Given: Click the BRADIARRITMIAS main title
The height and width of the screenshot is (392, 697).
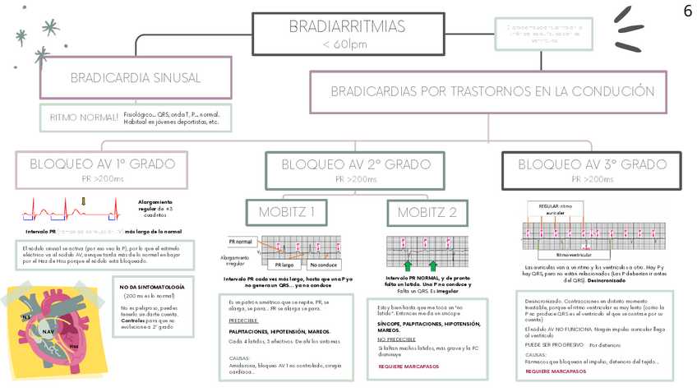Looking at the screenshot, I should [346, 27].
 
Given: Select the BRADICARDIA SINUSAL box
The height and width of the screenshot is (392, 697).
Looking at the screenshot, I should [136, 78].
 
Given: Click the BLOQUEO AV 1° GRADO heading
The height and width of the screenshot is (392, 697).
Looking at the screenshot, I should [102, 164].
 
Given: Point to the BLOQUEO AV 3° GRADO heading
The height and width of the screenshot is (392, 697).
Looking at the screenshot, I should [592, 164].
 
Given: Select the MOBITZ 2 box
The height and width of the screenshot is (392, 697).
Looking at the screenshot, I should [427, 212].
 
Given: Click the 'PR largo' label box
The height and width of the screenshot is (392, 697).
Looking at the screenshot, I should [284, 265].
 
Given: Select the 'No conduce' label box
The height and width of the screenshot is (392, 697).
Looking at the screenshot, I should [323, 265].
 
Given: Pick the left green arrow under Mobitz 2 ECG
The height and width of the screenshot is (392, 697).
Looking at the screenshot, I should [407, 265].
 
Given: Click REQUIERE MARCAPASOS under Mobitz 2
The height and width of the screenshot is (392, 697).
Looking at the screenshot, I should [409, 367].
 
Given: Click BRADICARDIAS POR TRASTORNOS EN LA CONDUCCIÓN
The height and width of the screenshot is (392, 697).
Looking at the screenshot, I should [488, 91].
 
